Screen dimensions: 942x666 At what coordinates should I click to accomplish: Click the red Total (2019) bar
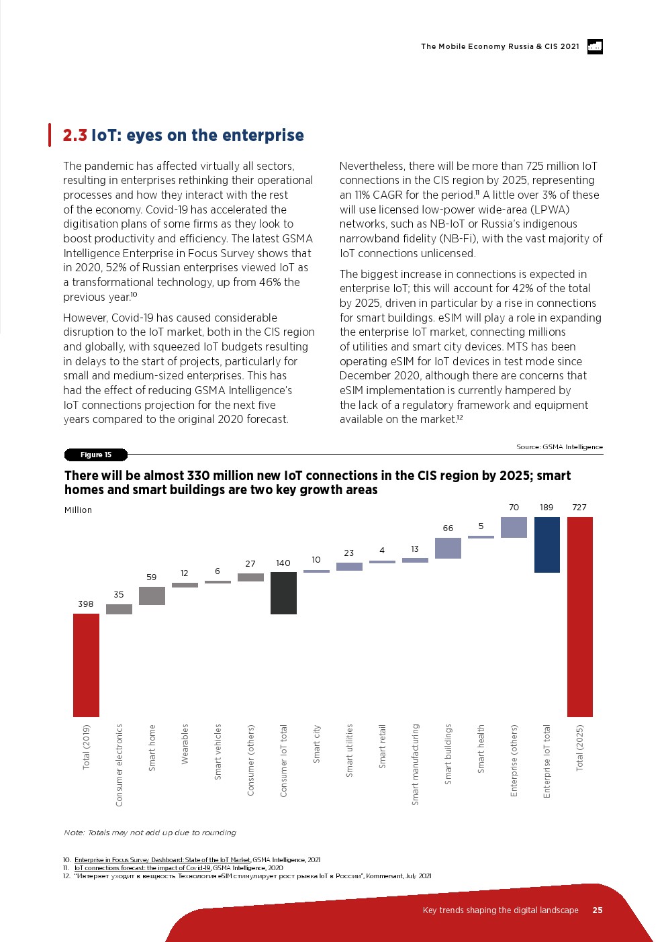click(x=86, y=665)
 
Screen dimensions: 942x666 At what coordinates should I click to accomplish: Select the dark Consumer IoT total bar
click(x=283, y=593)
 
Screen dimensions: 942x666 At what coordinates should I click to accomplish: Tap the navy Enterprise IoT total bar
click(x=546, y=545)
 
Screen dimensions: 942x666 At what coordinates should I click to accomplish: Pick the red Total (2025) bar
click(x=579, y=616)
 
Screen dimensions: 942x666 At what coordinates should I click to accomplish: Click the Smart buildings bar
click(x=448, y=548)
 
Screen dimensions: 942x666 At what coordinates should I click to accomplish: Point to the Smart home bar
click(x=152, y=596)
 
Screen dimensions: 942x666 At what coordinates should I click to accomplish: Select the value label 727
click(x=579, y=508)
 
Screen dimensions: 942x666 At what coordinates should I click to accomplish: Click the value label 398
click(x=86, y=604)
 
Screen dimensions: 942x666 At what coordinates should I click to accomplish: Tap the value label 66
click(x=448, y=528)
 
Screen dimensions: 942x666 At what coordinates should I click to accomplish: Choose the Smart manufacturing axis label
click(x=415, y=764)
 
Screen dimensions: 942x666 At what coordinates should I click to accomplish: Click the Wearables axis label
click(x=185, y=744)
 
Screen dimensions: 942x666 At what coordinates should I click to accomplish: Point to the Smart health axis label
click(x=481, y=749)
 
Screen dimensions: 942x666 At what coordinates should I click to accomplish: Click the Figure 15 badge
click(x=95, y=455)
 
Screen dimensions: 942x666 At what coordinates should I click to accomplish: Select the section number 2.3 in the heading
click(x=75, y=136)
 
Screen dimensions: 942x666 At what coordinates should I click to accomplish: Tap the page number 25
click(x=598, y=910)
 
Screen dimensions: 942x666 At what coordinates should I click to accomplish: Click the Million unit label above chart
click(x=78, y=510)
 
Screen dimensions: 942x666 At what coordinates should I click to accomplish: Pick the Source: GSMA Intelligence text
click(x=559, y=447)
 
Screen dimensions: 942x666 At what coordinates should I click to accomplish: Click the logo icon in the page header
click(x=595, y=46)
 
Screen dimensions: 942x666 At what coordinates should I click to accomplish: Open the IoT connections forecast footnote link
click(x=142, y=868)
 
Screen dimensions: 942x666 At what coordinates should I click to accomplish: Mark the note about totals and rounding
click(x=150, y=833)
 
